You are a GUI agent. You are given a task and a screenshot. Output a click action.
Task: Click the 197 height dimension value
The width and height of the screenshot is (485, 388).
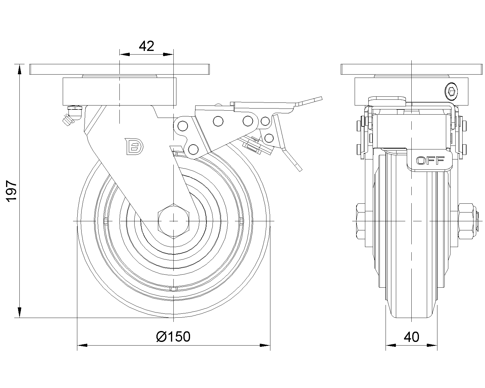coord(11,191)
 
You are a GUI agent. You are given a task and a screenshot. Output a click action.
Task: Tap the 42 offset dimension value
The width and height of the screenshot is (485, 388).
coord(146,46)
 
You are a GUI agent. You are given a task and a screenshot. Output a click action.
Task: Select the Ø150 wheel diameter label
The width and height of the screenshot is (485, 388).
coord(173,336)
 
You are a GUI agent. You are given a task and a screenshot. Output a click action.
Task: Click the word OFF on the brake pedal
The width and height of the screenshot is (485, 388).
coord(430,161)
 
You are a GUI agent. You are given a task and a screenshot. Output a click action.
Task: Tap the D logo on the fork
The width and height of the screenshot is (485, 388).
coord(134,146)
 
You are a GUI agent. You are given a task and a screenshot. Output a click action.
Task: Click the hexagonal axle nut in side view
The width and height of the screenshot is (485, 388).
coord(173,221)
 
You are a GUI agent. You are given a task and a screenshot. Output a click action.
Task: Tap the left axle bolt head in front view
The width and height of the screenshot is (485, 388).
coord(361,221)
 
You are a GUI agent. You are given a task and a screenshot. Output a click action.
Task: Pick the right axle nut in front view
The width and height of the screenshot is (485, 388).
coord(466,221)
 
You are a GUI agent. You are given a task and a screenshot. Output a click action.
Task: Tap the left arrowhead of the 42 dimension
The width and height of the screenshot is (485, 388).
coord(124,54)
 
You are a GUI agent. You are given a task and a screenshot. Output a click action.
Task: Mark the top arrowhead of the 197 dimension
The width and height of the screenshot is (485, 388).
coord(20,69)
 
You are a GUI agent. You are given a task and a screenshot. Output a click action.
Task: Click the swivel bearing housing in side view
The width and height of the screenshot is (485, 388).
coord(412,92)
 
